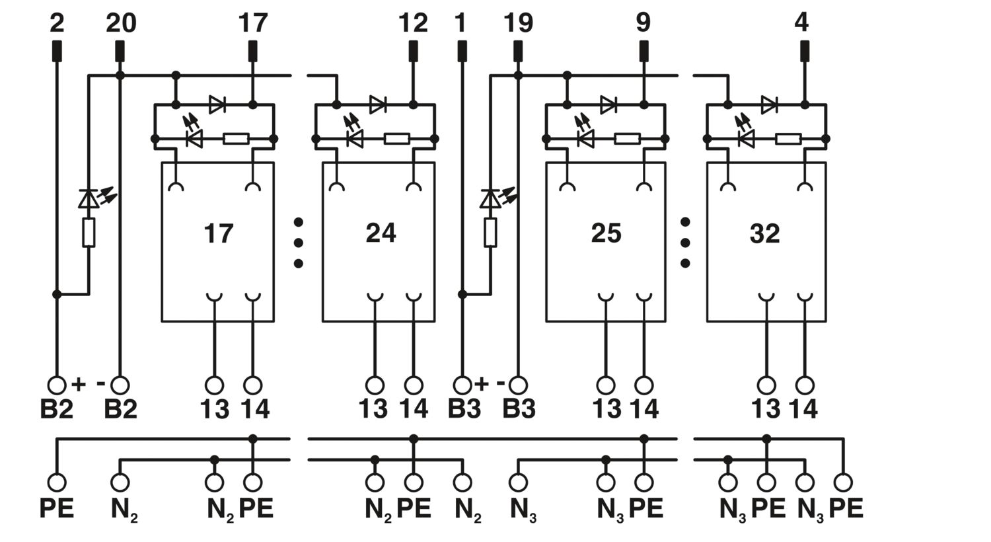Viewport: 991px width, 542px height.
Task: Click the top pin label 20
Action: coord(121,23)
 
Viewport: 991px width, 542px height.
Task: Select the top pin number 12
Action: coord(413,23)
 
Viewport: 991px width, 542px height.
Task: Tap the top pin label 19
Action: coord(519,23)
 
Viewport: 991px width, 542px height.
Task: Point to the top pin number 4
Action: coord(801,23)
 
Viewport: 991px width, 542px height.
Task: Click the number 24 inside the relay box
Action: coord(381,233)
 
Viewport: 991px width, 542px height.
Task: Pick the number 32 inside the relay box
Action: coord(764,233)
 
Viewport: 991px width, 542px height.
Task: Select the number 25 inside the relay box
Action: coord(606,233)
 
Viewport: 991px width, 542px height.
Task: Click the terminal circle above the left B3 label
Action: coord(462,385)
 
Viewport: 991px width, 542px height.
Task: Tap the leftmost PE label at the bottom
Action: coord(57,508)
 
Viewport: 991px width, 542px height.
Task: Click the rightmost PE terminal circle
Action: coord(843,483)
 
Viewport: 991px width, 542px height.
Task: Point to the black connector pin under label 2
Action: coord(57,51)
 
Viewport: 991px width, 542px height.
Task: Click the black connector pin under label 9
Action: coord(643,51)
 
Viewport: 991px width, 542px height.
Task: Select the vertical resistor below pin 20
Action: coord(89,232)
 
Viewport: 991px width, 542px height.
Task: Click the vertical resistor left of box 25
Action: coord(490,232)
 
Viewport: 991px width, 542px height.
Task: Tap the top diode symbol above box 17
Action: coord(217,105)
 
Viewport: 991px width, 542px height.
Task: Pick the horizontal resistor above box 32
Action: coord(788,139)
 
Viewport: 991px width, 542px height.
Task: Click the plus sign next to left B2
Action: coord(79,385)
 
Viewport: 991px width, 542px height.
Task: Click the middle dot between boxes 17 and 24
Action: coord(299,243)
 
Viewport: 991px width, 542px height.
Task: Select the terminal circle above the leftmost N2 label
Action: coord(120,483)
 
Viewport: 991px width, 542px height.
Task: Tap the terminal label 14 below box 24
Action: coord(414,409)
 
